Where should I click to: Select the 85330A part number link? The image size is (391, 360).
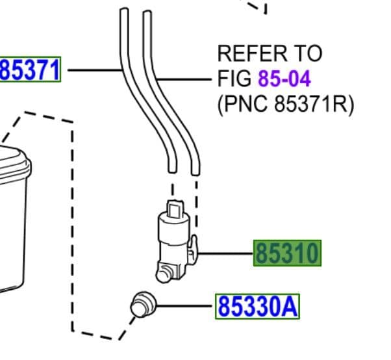(257, 305)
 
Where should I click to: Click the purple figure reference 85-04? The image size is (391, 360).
(284, 79)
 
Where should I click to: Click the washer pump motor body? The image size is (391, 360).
(172, 237)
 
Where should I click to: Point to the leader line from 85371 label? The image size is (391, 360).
(94, 69)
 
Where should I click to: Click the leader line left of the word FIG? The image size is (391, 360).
(188, 80)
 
